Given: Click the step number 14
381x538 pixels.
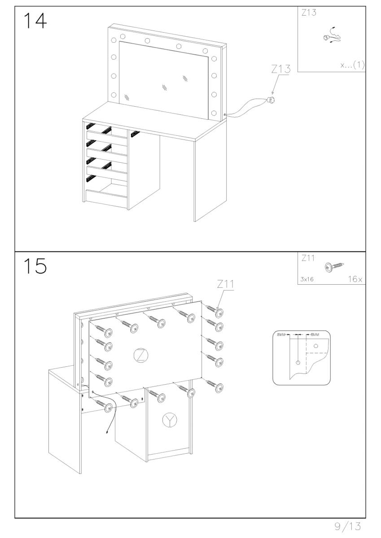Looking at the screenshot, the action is [x=35, y=21].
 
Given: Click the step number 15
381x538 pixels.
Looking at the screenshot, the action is [x=35, y=266].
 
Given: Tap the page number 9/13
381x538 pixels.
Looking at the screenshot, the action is [x=348, y=526].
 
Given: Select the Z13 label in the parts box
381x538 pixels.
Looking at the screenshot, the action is [x=309, y=13].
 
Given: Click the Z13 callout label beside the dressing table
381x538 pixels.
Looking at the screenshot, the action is [x=281, y=69].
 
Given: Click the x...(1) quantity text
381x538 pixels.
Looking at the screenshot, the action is [x=352, y=65].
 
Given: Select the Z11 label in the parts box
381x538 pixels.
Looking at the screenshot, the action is [x=308, y=258].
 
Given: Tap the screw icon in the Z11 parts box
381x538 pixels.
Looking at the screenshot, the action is [x=334, y=266].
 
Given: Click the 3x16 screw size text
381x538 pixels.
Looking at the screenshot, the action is [x=307, y=279].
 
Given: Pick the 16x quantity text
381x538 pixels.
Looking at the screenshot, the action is [x=355, y=279].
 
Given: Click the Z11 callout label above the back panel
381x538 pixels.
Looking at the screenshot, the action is [x=225, y=284].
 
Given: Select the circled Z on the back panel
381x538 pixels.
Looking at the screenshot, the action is [x=141, y=355].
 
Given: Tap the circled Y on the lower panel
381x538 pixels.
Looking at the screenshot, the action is [x=170, y=420].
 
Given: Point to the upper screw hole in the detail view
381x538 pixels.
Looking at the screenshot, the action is [x=316, y=346].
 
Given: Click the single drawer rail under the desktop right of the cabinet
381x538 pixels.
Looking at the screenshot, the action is [x=136, y=134].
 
